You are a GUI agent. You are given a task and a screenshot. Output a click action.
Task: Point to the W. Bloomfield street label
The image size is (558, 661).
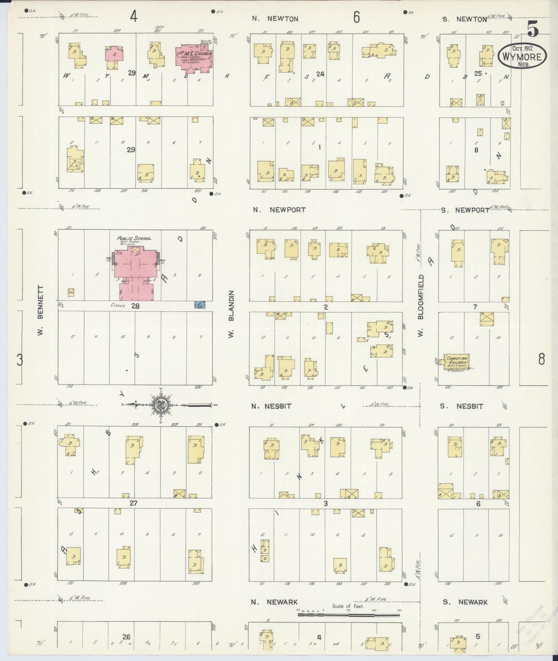click(x=421, y=306)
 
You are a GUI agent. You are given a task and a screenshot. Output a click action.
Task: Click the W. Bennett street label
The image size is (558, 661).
click(x=40, y=311)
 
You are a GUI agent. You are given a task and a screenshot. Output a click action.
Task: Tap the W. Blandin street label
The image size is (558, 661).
click(x=231, y=314)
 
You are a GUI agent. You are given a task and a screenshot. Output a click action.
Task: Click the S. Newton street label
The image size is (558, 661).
click(x=465, y=19)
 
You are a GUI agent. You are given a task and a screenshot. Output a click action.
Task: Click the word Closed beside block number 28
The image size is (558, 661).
click(x=118, y=305)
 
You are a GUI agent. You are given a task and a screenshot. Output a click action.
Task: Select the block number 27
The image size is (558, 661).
click(x=134, y=503)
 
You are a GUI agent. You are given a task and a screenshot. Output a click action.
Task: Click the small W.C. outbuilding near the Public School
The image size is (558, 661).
click(x=71, y=292)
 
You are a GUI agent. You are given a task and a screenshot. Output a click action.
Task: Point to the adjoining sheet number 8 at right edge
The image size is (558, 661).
click(x=541, y=359)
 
